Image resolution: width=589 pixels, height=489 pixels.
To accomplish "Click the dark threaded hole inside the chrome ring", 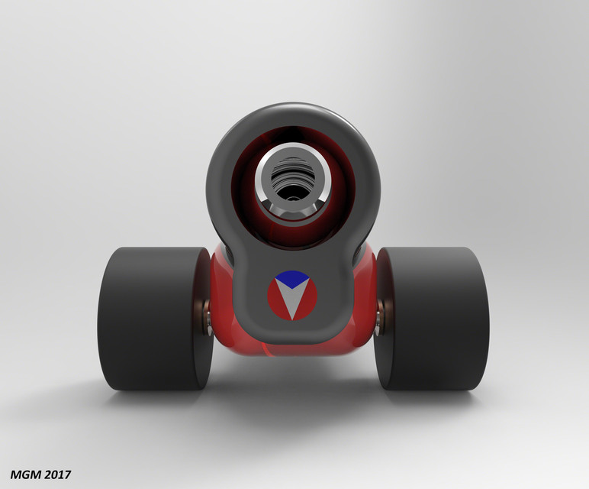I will [x=293, y=183].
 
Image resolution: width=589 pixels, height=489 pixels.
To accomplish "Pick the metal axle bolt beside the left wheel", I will [x=207, y=316].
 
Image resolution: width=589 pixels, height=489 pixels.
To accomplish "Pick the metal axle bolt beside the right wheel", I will [x=378, y=316].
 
